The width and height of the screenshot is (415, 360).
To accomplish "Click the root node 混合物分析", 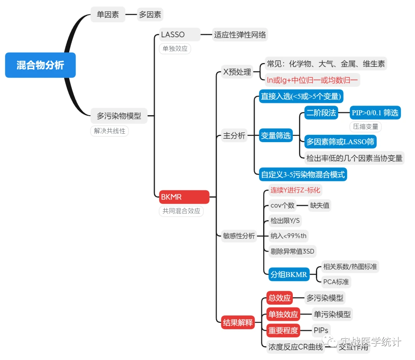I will (40, 65).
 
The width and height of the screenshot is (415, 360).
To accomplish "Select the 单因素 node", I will (108, 15).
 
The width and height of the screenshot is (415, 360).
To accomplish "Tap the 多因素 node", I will (150, 15).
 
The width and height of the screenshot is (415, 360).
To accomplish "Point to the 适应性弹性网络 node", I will (240, 35).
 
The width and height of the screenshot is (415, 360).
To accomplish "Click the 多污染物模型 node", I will (119, 116).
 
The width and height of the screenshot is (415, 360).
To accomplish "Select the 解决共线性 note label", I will (110, 131).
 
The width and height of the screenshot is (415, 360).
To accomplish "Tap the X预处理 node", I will (237, 71).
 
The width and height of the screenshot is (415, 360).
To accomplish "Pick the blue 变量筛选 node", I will (276, 135).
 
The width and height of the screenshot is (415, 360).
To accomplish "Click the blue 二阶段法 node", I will (321, 113).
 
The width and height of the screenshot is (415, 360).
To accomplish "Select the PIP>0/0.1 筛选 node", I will (375, 113).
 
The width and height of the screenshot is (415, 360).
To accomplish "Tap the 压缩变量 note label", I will (365, 126).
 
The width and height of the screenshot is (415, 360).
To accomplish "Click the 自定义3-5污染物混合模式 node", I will (303, 174).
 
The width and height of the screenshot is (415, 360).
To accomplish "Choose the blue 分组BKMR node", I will (289, 274).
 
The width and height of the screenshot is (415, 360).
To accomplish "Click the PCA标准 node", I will (336, 282).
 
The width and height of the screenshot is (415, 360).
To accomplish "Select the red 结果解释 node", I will (238, 322).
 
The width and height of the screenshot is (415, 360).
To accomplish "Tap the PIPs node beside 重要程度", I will (321, 330).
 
